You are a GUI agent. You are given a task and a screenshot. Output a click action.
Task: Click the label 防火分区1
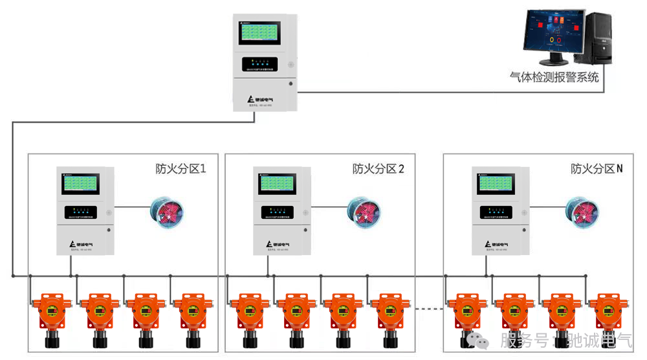pyautogui.click(x=181, y=169)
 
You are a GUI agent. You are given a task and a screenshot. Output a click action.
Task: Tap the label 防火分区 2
pyautogui.click(x=378, y=169)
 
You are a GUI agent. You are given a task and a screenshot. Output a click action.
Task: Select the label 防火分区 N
pyautogui.click(x=597, y=169)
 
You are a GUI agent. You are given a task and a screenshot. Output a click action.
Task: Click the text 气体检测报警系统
pyautogui.click(x=554, y=77)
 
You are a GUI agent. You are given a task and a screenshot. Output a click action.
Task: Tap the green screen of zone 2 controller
pyautogui.click(x=278, y=185)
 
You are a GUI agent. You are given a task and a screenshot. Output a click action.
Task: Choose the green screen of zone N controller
pyautogui.click(x=497, y=185)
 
